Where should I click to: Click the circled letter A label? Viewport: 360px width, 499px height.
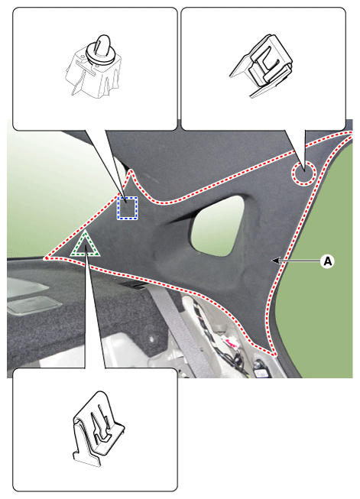pyautogui.click(x=328, y=261)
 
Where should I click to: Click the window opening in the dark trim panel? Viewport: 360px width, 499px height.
pyautogui.click(x=217, y=225)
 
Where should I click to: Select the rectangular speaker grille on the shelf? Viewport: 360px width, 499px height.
pyautogui.click(x=34, y=305)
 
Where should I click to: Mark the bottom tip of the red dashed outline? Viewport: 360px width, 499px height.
pyautogui.click(x=274, y=354)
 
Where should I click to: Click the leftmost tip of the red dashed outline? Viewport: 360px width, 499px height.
pyautogui.click(x=46, y=258)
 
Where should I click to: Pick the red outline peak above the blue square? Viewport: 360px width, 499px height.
pyautogui.click(x=130, y=171)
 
